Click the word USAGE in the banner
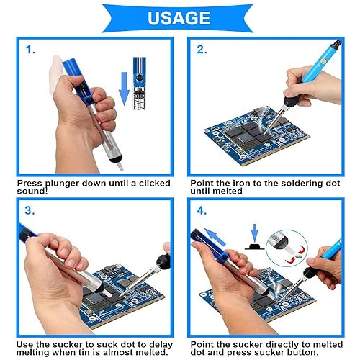179,18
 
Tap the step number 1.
30,50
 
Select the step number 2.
202,50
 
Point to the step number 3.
30,210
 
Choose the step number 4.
202,211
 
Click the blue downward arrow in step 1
124,89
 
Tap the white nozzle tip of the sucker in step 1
120,165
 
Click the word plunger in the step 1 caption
63,184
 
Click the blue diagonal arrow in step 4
215,237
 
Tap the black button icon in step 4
254,247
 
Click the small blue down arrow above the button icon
254,233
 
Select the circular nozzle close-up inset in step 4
287,248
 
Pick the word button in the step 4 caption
303,352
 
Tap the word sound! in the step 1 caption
32,191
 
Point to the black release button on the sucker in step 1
89,100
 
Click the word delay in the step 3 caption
161,345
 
